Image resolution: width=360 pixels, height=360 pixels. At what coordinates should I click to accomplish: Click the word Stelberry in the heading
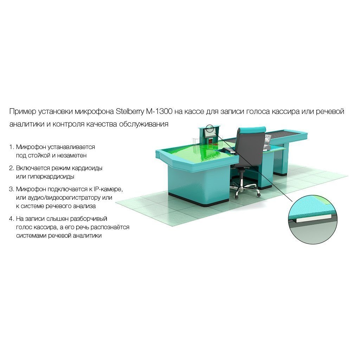[x=129, y=111]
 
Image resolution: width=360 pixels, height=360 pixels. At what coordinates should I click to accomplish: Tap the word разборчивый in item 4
[x=89, y=219]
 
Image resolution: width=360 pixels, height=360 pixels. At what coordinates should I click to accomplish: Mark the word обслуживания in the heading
[x=144, y=124]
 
